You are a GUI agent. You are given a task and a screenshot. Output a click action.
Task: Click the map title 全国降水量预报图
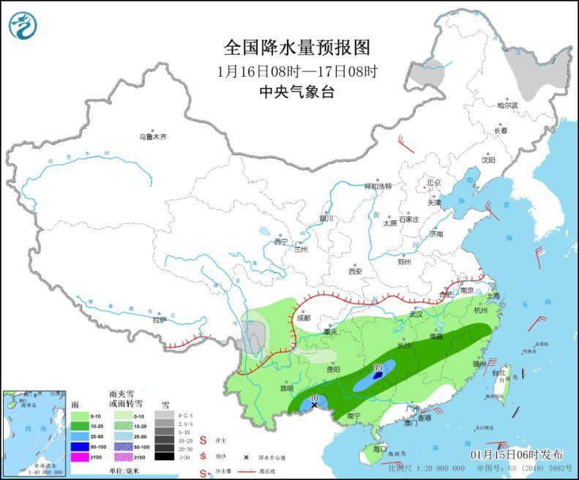coord(297,48)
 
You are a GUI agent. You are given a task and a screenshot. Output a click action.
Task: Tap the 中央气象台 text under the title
coord(297,91)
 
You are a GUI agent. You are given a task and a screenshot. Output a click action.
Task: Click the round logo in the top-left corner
coord(23,26)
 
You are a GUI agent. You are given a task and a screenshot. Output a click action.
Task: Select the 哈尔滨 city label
coord(507,105)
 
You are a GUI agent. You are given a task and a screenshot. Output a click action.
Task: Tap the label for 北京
coord(433,183)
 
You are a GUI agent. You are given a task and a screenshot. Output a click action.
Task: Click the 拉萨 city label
coord(160,319)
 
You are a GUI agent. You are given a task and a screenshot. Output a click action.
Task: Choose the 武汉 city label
coord(416,314)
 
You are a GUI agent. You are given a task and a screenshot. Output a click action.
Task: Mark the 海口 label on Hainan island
coord(379,447)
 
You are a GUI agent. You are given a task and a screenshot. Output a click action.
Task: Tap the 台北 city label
coord(498,373)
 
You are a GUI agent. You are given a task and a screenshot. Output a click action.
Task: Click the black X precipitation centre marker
coord(315,405)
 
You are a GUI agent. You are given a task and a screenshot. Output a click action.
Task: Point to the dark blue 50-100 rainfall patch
coord(378,376)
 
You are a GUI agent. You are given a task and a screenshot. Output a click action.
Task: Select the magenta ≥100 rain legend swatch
coord(79,456)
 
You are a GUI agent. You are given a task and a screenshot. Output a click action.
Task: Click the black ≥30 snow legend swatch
coord(164,456)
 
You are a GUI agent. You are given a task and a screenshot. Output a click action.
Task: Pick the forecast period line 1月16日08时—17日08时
coord(297,71)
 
